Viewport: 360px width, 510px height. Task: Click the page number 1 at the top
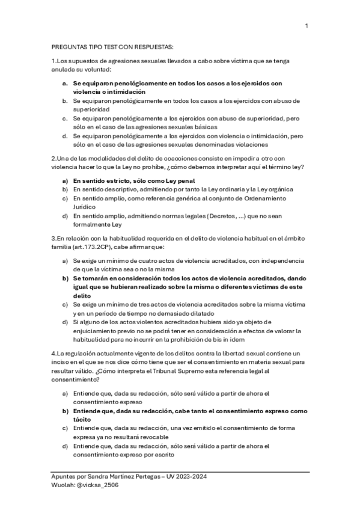coord(307,26)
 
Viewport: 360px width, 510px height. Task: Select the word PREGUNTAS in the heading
coord(69,46)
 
